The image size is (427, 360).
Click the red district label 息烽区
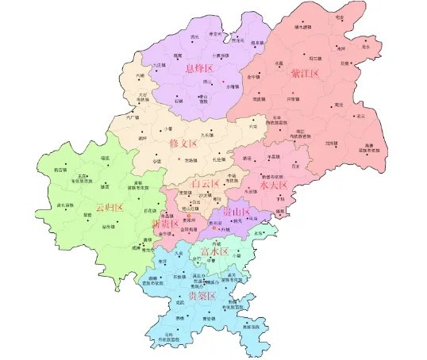(x=200, y=69)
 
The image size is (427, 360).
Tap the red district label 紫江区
(x=304, y=74)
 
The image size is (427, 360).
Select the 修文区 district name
(x=183, y=144)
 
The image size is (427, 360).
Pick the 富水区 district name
(x=214, y=251)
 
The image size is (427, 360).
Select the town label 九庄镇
(x=158, y=64)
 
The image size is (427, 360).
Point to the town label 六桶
(x=140, y=76)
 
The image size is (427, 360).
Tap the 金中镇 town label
(x=253, y=77)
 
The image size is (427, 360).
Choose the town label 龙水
(x=366, y=47)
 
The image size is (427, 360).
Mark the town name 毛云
(x=362, y=116)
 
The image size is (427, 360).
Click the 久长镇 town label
(x=207, y=135)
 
